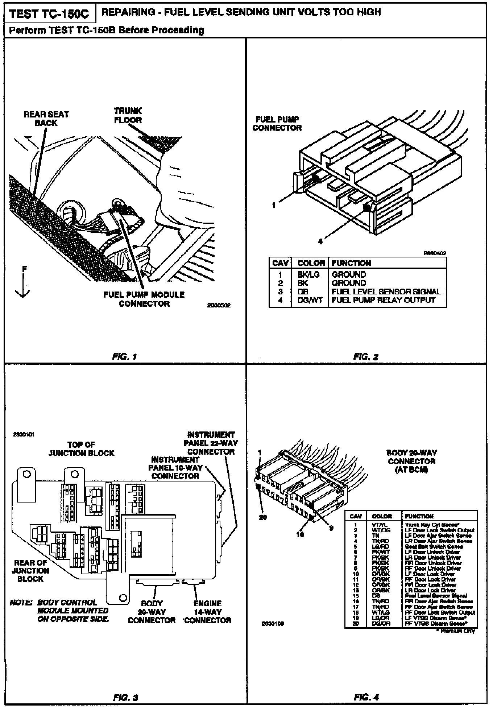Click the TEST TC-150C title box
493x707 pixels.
point(49,14)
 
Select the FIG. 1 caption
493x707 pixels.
point(124,356)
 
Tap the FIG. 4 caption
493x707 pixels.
point(366,697)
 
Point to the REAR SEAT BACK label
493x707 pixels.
point(46,119)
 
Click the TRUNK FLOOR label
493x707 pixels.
point(128,115)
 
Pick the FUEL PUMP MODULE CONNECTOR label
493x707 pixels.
point(144,299)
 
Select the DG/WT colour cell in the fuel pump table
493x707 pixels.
point(310,300)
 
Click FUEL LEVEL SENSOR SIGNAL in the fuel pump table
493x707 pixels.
point(386,292)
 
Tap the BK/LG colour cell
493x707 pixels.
point(308,274)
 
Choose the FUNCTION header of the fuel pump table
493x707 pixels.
point(351,263)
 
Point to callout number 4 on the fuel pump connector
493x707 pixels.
point(320,241)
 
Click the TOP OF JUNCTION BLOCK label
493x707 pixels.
point(81,449)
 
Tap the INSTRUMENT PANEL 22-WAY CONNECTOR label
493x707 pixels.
point(211,443)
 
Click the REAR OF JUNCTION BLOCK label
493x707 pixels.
point(30,571)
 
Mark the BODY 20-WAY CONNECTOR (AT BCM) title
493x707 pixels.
point(411,461)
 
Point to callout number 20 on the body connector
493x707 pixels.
point(263,517)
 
